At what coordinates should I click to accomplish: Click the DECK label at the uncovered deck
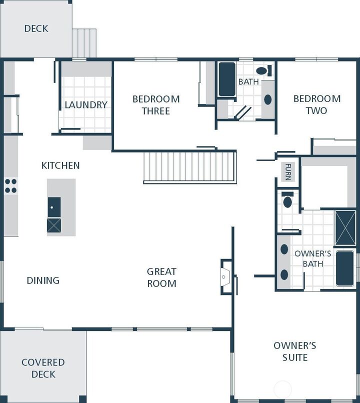[36, 28]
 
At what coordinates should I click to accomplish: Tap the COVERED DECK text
[43, 368]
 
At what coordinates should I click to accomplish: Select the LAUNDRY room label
[86, 104]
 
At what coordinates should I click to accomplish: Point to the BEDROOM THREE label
[156, 105]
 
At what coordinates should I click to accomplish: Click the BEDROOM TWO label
[317, 105]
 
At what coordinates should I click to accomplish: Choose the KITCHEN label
[60, 165]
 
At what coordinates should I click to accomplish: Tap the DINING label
[43, 280]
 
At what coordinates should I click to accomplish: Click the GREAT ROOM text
[161, 277]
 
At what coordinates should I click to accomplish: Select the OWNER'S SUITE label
[294, 351]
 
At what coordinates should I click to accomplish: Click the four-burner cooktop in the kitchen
[10, 186]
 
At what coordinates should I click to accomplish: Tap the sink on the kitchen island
[54, 206]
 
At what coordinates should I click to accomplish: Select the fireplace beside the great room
[226, 275]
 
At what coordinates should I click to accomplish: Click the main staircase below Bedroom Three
[190, 166]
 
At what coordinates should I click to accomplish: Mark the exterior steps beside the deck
[84, 43]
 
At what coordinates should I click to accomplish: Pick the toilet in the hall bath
[263, 70]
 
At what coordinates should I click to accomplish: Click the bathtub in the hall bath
[227, 79]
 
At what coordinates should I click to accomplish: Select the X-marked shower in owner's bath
[345, 228]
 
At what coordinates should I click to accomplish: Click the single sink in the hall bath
[268, 99]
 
